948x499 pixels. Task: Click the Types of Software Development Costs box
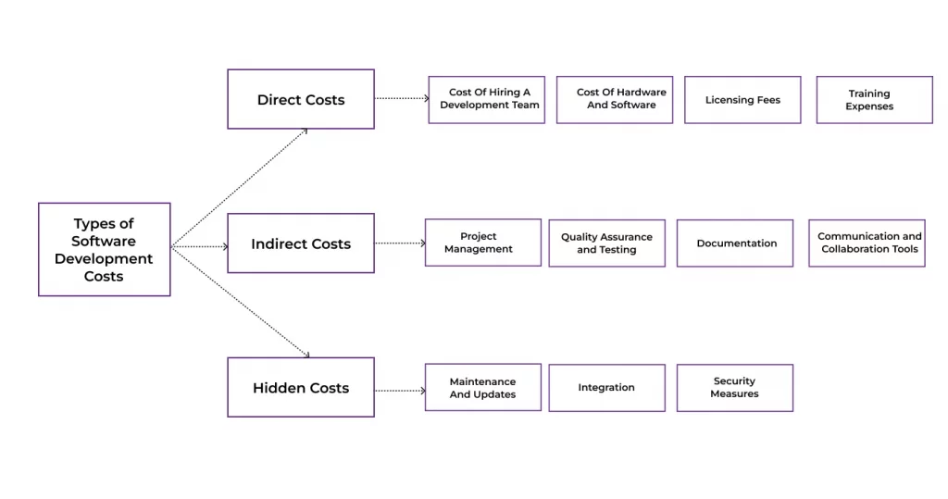pyautogui.click(x=104, y=249)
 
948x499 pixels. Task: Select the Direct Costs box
pyautogui.click(x=301, y=99)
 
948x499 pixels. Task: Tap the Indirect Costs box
pyautogui.click(x=301, y=243)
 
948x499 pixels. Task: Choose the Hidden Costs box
pyautogui.click(x=301, y=387)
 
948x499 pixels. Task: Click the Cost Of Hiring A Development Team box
pyautogui.click(x=486, y=99)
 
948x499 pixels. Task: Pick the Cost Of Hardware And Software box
pyautogui.click(x=615, y=99)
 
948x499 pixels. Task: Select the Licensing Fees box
pyautogui.click(x=742, y=99)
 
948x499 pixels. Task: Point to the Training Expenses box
pyautogui.click(x=874, y=99)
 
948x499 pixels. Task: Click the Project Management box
pyautogui.click(x=482, y=243)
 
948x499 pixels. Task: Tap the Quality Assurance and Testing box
pyautogui.click(x=606, y=243)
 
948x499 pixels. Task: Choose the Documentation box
pyautogui.click(x=735, y=243)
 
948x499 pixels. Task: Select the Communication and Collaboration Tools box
pyautogui.click(x=867, y=243)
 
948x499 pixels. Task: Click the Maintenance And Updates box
pyautogui.click(x=482, y=387)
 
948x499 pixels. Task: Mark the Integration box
pyautogui.click(x=606, y=387)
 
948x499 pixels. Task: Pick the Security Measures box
pyautogui.click(x=735, y=387)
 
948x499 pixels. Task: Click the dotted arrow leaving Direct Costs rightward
pyautogui.click(x=402, y=97)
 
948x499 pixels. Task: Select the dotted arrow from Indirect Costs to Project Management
pyautogui.click(x=400, y=243)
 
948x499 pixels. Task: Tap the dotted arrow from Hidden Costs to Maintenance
pyautogui.click(x=400, y=391)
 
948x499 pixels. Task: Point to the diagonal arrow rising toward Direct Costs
pyautogui.click(x=239, y=187)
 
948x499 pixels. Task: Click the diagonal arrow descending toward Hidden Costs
pyautogui.click(x=239, y=301)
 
